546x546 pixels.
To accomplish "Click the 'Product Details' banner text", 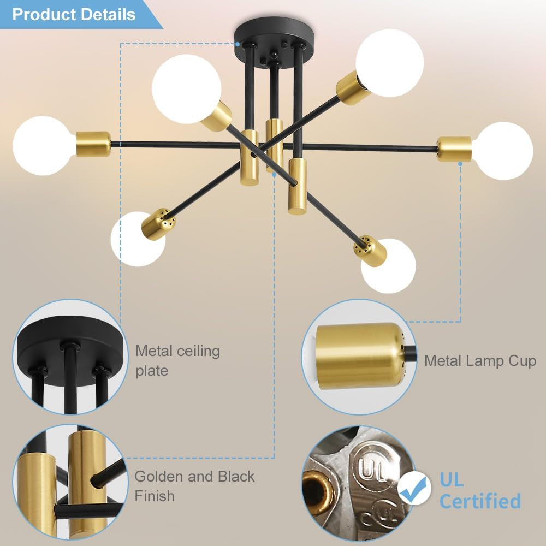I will pyautogui.click(x=74, y=14).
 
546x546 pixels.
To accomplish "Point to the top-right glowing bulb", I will pyautogui.click(x=389, y=63).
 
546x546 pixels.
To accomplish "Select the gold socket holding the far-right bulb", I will pyautogui.click(x=454, y=149).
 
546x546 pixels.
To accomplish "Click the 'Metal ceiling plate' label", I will pyautogui.click(x=177, y=360).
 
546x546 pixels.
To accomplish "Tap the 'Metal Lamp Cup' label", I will pyautogui.click(x=480, y=360).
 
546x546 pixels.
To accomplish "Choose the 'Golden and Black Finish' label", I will pyautogui.click(x=194, y=486).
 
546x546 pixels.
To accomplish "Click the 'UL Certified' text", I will pyautogui.click(x=479, y=490).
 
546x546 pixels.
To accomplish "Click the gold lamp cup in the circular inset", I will pyautogui.click(x=358, y=355).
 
